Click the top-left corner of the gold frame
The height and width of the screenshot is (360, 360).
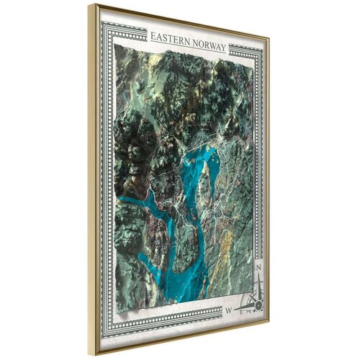pyautogui.click(x=91, y=6)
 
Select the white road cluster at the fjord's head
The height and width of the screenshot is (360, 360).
pyautogui.click(x=220, y=148)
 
